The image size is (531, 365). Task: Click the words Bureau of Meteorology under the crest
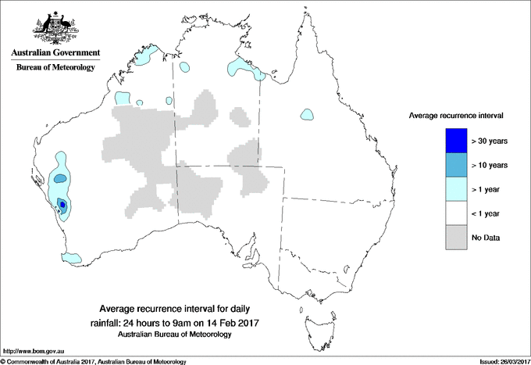[x=55, y=68]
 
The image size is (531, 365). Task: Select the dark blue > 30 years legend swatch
[x=456, y=141]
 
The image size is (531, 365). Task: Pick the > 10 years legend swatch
[x=456, y=165]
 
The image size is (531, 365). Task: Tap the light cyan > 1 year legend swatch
[x=456, y=189]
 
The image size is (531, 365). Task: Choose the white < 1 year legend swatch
[x=456, y=213]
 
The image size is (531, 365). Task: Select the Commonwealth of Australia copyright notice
[x=94, y=361]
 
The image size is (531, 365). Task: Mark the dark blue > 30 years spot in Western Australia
[x=62, y=205]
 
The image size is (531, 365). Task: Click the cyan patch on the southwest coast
[x=72, y=257]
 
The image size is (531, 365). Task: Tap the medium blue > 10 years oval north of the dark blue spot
[x=60, y=179]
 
